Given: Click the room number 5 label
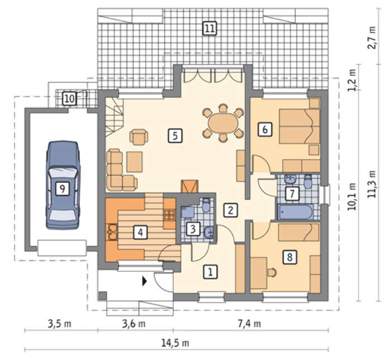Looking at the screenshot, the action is tap(175, 136).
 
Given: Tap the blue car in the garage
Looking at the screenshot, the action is tap(63, 185).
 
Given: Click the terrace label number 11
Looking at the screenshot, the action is tap(209, 28).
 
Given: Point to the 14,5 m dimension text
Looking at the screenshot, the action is tap(175, 343).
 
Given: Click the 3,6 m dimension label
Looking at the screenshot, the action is tap(133, 324).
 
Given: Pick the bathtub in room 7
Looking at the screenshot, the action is tap(295, 212).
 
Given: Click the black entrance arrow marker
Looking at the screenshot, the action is tap(144, 281).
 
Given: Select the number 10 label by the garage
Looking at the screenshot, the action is tap(69, 98).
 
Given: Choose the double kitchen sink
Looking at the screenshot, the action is tap(112, 232).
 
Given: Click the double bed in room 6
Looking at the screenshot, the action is tap(300, 126).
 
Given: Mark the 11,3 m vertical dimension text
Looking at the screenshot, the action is tap(373, 184).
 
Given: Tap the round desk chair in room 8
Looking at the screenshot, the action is tap(272, 272).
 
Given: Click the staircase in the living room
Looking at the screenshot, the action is tap(115, 117).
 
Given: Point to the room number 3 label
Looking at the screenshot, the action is tap(193, 229).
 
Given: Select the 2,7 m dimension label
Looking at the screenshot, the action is tap(373, 37).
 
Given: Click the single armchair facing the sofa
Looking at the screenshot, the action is tap(139, 137).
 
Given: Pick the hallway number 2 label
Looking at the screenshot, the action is tap(230, 210).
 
